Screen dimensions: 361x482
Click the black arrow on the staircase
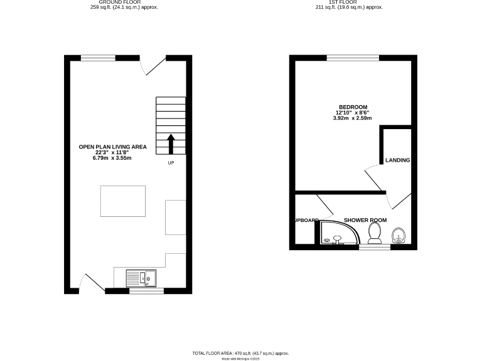point(171,144)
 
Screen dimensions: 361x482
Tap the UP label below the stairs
point(171,163)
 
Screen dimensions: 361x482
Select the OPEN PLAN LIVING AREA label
point(112,147)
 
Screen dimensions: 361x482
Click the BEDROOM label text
point(353,107)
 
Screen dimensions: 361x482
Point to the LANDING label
point(398,160)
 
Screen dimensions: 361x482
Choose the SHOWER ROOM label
point(365,220)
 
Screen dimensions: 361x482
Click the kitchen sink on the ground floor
point(141,278)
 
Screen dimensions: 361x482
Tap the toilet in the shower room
point(375,233)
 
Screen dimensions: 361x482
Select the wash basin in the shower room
point(398,236)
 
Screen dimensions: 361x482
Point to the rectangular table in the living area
point(123,201)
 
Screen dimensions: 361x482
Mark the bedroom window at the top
point(353,58)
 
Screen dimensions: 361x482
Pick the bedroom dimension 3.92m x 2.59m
point(353,118)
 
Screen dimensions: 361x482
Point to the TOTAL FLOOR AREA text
point(240,353)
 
